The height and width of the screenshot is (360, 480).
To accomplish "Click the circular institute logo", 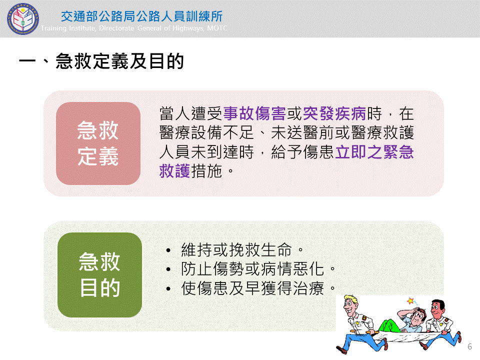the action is click(x=23, y=19).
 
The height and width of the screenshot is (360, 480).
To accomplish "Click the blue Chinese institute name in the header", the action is click(x=141, y=16).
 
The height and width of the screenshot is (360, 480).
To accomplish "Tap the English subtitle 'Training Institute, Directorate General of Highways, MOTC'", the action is click(x=134, y=28).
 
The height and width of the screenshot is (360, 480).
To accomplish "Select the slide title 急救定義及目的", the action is click(x=101, y=61).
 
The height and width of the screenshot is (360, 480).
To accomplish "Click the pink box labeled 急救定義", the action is click(x=98, y=143).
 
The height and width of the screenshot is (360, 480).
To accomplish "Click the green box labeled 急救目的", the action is click(x=100, y=275).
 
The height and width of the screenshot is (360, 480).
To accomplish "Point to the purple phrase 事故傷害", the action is click(x=254, y=113).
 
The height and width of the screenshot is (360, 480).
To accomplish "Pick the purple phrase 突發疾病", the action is click(x=334, y=113).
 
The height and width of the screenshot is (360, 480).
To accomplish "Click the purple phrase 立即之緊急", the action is click(x=374, y=152).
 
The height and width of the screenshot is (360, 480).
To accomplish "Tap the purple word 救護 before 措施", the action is click(x=175, y=171).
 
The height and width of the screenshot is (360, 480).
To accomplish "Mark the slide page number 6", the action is click(x=469, y=346).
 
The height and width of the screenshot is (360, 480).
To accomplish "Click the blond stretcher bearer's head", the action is click(x=350, y=304).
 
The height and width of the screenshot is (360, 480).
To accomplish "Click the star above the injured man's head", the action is click(x=410, y=301).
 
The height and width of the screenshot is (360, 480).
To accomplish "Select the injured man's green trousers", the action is click(x=390, y=325).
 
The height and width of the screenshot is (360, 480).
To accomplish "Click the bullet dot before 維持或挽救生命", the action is click(x=168, y=250).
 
